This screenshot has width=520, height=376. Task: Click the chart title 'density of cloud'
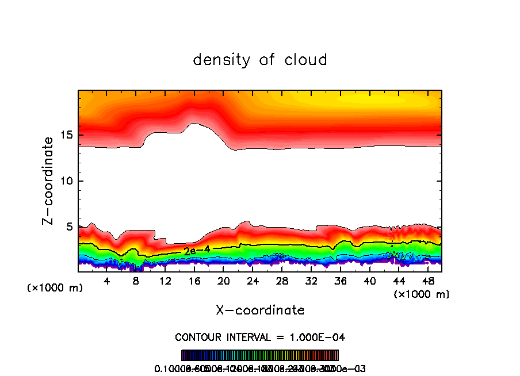click(x=260, y=59)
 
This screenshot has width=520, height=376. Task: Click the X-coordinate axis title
click(x=260, y=310)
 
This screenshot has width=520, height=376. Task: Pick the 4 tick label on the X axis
click(x=106, y=281)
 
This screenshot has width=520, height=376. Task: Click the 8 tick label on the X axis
click(x=136, y=281)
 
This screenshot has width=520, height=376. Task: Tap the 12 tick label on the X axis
click(x=165, y=281)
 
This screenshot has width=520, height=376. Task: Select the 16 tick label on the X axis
click(x=194, y=281)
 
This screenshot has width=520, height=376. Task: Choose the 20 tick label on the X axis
click(x=224, y=281)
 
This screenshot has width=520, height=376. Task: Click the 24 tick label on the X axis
click(x=253, y=281)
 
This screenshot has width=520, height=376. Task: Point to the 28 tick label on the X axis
click(x=282, y=281)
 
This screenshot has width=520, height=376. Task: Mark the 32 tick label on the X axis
click(x=312, y=281)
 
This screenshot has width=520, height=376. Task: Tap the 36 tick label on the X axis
click(x=341, y=281)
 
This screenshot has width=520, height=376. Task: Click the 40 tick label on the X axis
click(x=370, y=281)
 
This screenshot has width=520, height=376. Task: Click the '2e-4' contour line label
click(x=197, y=250)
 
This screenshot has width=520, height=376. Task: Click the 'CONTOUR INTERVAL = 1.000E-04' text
click(x=260, y=337)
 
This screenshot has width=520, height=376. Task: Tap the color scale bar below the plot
click(x=260, y=355)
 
